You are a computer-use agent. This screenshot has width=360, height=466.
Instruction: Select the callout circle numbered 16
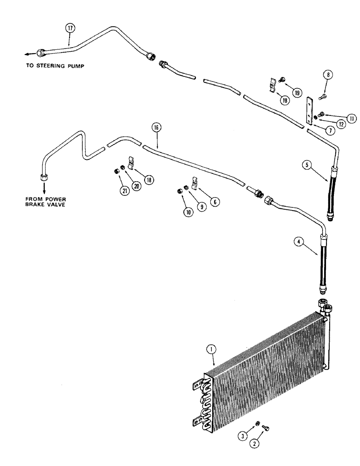tap(156, 127)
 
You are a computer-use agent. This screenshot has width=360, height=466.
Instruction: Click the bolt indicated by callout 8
tap(322, 97)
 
